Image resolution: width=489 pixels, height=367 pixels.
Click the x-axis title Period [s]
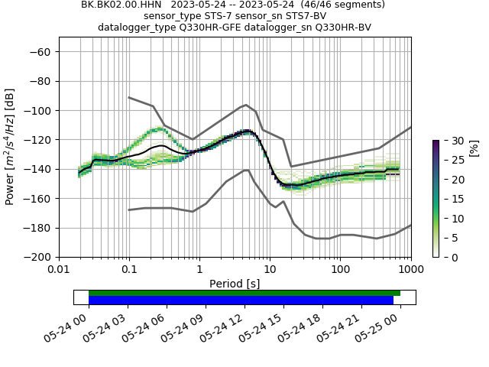[235, 284]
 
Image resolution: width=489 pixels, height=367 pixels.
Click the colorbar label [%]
[474, 148]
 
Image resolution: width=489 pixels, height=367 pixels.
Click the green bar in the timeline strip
[244, 293]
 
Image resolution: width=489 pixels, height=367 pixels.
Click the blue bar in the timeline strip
[241, 300]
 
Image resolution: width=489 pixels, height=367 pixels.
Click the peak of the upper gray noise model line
[246, 105]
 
